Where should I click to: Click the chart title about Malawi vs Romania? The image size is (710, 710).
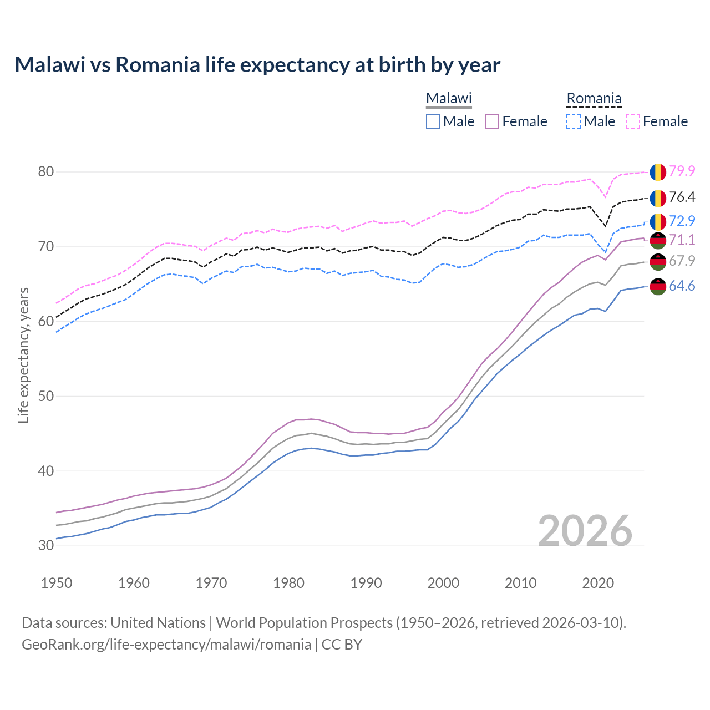coord(257,65)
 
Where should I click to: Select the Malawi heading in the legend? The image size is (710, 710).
coord(449,98)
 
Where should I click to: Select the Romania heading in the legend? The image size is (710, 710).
coord(594,98)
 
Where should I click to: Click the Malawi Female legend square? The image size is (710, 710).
coord(493,121)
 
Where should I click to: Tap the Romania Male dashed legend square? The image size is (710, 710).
coord(574,121)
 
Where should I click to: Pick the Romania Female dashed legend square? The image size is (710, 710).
coord(633,121)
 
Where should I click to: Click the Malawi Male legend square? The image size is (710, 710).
coord(433,121)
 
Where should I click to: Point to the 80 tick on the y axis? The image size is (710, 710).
coord(46,171)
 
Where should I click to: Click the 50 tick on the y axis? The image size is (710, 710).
coord(46,396)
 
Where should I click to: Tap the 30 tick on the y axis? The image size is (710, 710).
coord(46,545)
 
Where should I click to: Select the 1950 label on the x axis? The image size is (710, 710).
coord(57,583)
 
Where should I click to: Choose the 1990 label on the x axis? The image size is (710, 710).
coord(366,583)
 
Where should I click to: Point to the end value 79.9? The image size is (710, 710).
coord(682,171)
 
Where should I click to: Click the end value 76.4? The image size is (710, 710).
coord(682,197)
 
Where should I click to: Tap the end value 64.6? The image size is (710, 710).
coord(682,286)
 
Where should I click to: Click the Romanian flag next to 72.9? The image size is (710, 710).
coord(658,221)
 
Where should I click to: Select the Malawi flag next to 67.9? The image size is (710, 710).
coord(658,261)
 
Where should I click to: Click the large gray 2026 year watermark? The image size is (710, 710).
coord(585,531)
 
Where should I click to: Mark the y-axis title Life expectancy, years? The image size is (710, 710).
coord(24,355)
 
